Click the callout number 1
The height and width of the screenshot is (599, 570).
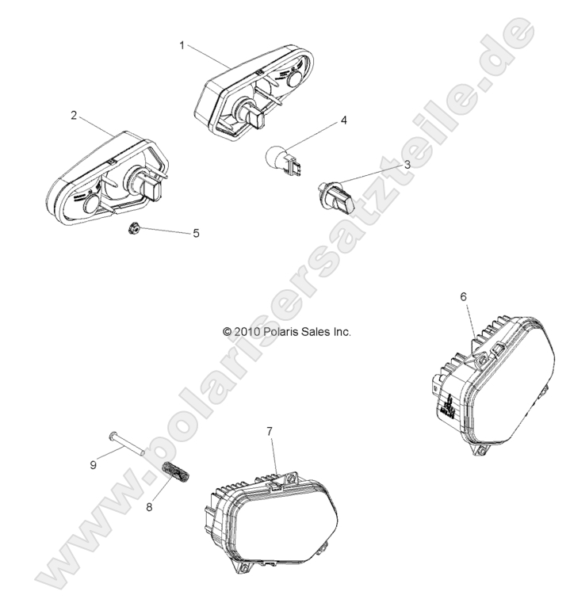pos(182,45)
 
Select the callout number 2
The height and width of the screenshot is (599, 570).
pos(74,115)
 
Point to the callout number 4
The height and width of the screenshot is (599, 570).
pos(343,120)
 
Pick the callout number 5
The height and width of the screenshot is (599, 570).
pos(196,233)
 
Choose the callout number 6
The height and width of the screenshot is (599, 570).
pos(464,296)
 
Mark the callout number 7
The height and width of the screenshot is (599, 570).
pos(270,430)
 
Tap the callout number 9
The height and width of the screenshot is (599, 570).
pos(93,464)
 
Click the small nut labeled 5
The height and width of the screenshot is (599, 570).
pos(133,228)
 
